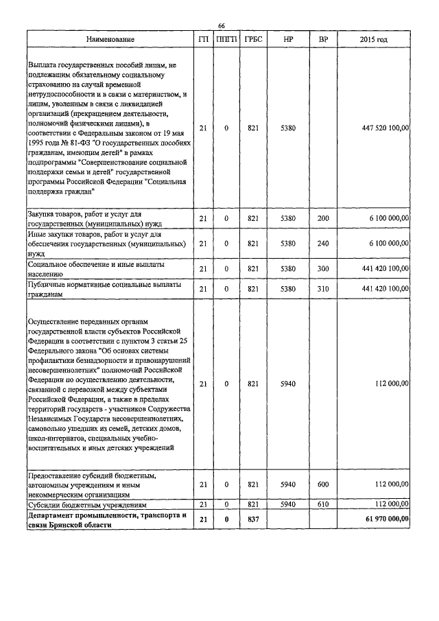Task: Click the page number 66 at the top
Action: [221, 25]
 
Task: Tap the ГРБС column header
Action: [252, 40]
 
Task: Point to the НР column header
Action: [288, 40]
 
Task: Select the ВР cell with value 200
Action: [323, 218]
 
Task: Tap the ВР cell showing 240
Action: [323, 243]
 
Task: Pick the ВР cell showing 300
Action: [323, 268]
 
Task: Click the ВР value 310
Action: [323, 290]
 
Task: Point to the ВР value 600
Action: [323, 484]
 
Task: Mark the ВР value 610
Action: [323, 504]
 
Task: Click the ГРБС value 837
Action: [252, 519]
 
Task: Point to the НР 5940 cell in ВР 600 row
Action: [288, 484]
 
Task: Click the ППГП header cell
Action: [226, 40]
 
